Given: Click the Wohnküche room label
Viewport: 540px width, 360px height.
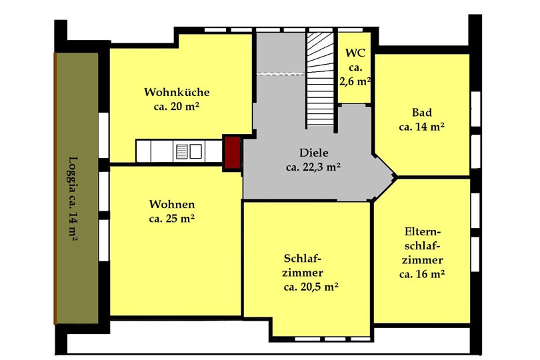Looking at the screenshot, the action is pyautogui.click(x=177, y=92).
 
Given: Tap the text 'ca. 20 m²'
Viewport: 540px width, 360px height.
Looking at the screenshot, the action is pyautogui.click(x=177, y=106).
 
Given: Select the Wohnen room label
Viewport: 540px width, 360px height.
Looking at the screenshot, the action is pyautogui.click(x=172, y=204).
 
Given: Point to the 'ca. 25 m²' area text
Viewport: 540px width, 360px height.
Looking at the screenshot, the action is pyautogui.click(x=172, y=219).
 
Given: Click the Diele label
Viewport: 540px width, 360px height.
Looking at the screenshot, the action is pyautogui.click(x=314, y=153).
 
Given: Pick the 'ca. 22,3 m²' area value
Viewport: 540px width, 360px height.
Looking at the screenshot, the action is pyautogui.click(x=313, y=167).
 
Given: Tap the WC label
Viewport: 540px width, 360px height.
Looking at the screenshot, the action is pyautogui.click(x=355, y=53).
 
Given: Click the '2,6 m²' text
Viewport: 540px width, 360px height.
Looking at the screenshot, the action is pyautogui.click(x=355, y=81).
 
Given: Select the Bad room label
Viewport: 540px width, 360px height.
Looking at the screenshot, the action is pyautogui.click(x=422, y=112).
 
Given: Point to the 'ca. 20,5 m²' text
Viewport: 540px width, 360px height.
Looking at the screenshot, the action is pyautogui.click(x=311, y=287).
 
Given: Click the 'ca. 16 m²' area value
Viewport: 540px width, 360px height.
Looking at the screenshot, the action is pyautogui.click(x=422, y=274).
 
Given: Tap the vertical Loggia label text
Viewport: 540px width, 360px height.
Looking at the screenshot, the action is pyautogui.click(x=73, y=199).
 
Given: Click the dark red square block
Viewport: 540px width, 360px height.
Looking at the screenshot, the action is pyautogui.click(x=232, y=153).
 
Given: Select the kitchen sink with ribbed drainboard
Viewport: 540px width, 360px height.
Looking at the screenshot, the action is pyautogui.click(x=189, y=151).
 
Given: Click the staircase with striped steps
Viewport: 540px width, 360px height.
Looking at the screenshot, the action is pyautogui.click(x=320, y=80).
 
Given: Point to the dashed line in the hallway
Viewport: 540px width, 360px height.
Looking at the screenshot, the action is pyautogui.click(x=281, y=73).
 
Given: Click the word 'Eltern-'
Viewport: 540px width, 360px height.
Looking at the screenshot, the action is pyautogui.click(x=421, y=231).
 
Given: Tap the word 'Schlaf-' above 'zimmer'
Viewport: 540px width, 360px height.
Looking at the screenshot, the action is pyautogui.click(x=303, y=258).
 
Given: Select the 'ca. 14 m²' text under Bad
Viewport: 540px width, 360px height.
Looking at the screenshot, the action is pyautogui.click(x=422, y=127).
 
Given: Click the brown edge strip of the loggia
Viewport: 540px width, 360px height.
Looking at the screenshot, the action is pyautogui.click(x=55, y=188).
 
